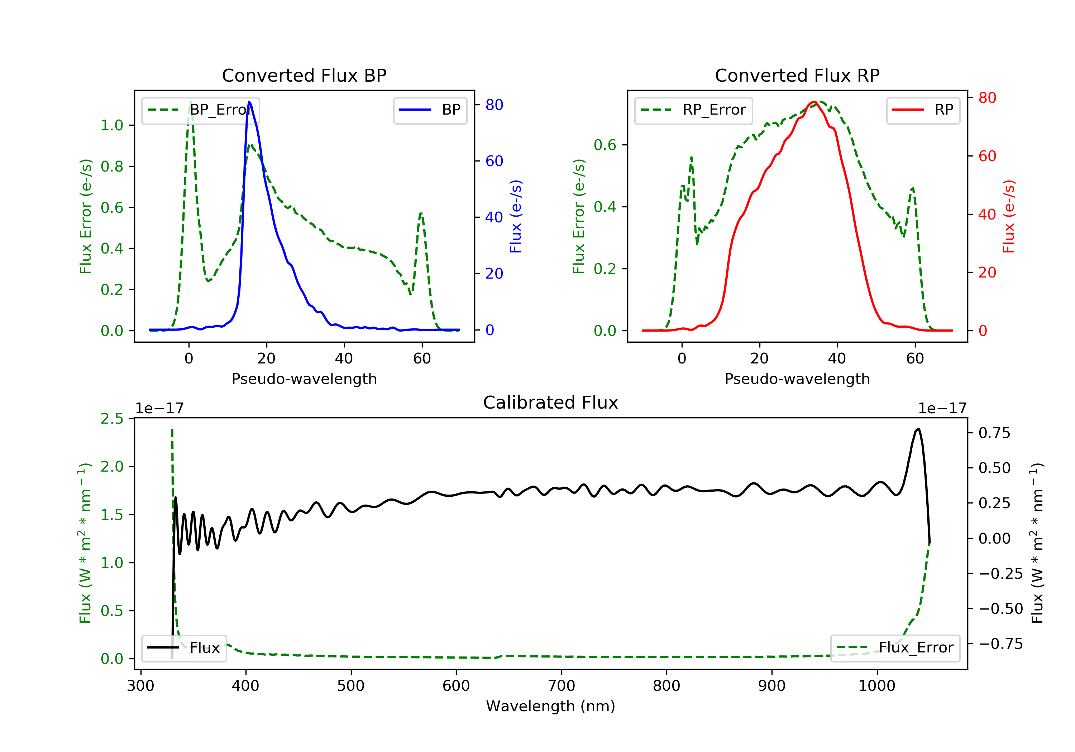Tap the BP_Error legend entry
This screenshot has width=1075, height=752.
[x=200, y=110]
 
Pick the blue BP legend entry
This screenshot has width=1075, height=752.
[x=430, y=110]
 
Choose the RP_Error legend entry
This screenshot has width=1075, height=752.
[x=693, y=110]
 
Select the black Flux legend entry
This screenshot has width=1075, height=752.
[x=184, y=648]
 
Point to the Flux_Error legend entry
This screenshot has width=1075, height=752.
[x=895, y=648]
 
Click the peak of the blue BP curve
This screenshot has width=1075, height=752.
[x=249, y=102]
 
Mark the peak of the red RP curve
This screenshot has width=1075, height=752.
[x=815, y=102]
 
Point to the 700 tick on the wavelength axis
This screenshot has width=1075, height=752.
[x=562, y=686]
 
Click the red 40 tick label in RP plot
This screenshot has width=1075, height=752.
[x=987, y=215]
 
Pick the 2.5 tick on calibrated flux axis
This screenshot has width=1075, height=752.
[x=112, y=419]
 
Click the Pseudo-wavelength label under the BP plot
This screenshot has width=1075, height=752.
[x=304, y=379]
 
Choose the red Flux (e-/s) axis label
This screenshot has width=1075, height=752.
[x=1008, y=217]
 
